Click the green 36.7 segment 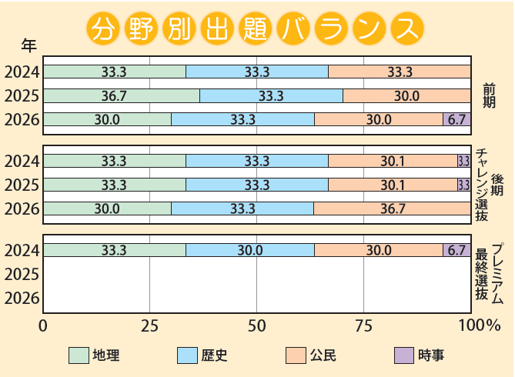pyautogui.click(x=122, y=96)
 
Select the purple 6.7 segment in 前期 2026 pyautogui.click(x=456, y=119)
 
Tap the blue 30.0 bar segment pyautogui.click(x=249, y=250)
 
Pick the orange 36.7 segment pyautogui.click(x=392, y=209)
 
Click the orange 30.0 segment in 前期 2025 pyautogui.click(x=406, y=96)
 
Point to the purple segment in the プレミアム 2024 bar pyautogui.click(x=456, y=250)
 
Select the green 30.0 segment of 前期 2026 pyautogui.click(x=107, y=119)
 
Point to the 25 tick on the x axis pyautogui.click(x=150, y=325)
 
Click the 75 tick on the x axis pyautogui.click(x=363, y=325)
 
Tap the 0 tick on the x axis pyautogui.click(x=44, y=325)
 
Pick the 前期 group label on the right pyautogui.click(x=490, y=96)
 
